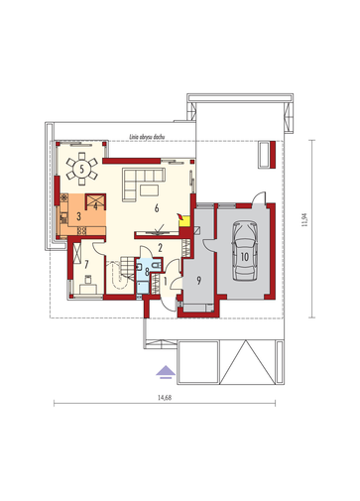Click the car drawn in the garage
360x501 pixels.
[x=245, y=251]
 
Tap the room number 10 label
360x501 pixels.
[x=245, y=257]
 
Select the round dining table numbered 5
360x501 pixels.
[x=81, y=169]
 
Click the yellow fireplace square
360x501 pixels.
[x=183, y=220]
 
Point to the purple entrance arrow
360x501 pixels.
[x=166, y=371]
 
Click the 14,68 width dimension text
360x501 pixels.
[x=165, y=398]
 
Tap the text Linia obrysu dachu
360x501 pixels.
[x=147, y=136]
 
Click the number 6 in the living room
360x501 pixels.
[x=157, y=208]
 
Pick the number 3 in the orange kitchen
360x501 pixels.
[x=78, y=216]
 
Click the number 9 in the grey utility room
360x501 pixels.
[x=198, y=281]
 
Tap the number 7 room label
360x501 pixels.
[x=86, y=264]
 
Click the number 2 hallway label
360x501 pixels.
[x=161, y=248]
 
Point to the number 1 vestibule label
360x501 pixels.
[x=166, y=281]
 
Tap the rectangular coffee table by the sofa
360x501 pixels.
[x=149, y=190]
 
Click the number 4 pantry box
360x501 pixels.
[x=95, y=201]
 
